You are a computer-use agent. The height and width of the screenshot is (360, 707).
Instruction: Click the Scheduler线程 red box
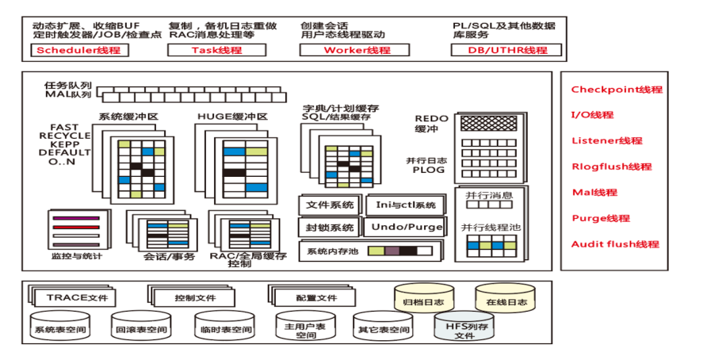click(x=78, y=50)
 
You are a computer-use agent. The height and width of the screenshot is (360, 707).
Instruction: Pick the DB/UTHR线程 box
click(x=506, y=50)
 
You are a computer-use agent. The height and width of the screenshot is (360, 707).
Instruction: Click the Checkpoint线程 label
click(x=617, y=90)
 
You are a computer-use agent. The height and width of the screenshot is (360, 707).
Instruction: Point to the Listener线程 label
click(x=606, y=141)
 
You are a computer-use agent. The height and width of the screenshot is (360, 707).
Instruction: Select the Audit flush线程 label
click(x=614, y=244)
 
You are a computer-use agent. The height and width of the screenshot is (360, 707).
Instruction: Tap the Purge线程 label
click(x=600, y=218)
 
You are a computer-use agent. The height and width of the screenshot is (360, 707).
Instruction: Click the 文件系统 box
click(x=330, y=205)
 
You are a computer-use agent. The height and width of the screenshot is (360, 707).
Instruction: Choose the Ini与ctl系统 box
click(x=405, y=205)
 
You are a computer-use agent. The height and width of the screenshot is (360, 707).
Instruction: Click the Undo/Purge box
click(x=405, y=228)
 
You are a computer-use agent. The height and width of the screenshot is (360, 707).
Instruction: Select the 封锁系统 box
click(x=330, y=228)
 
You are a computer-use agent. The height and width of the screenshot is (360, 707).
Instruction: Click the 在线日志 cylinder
click(x=505, y=301)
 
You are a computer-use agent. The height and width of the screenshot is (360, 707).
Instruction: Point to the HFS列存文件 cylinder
click(x=464, y=328)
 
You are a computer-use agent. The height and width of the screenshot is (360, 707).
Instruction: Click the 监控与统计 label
click(x=76, y=256)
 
